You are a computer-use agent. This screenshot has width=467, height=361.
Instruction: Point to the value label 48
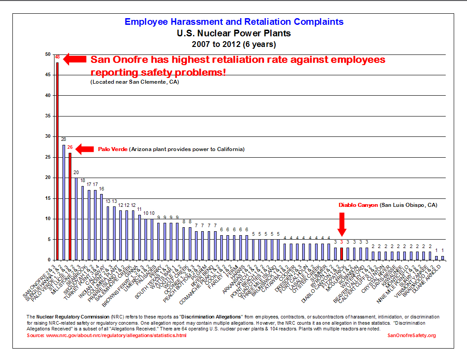tap(57, 57)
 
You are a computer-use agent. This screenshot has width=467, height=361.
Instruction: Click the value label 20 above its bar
tap(76, 172)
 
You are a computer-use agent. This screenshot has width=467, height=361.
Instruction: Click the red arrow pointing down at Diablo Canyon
tap(342, 224)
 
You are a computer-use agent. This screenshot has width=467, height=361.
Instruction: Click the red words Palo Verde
tap(113, 149)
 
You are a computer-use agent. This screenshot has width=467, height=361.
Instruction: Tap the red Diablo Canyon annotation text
tap(358, 205)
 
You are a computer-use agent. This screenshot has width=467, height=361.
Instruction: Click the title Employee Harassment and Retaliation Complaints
tap(234, 22)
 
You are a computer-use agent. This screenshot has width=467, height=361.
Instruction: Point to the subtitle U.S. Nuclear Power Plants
tap(234, 33)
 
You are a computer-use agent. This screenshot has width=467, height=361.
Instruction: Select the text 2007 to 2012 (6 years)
tap(234, 44)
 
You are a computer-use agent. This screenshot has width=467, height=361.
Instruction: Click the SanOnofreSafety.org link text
tap(412, 335)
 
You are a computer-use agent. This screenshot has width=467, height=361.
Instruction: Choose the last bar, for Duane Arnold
tap(442, 258)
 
